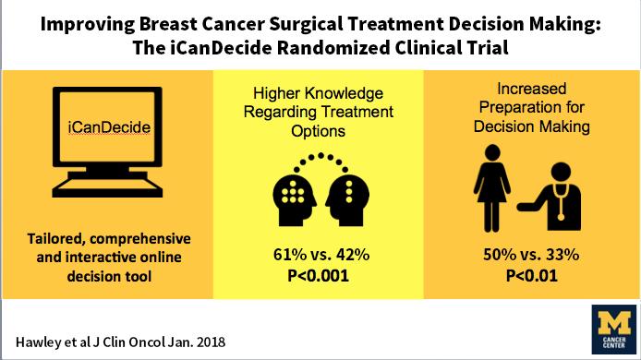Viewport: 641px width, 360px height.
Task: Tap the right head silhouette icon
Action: click(354, 196)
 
